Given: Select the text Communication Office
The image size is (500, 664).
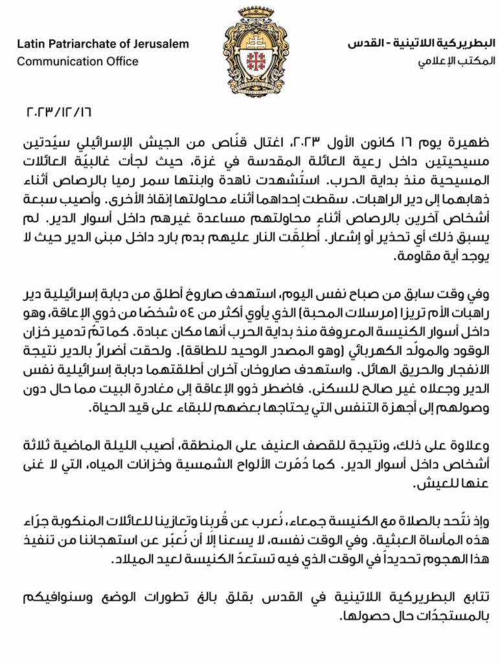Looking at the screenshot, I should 77,62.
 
